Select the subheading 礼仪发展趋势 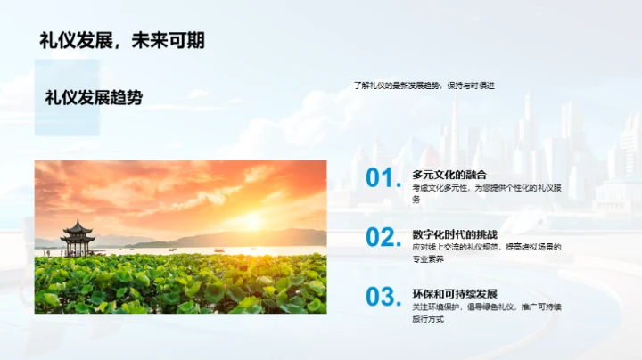pos(94,98)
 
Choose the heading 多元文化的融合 pos(449,176)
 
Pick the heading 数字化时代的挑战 pos(455,233)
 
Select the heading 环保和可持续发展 pos(455,294)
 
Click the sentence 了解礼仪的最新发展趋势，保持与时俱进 pos(424,86)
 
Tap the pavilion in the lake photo pos(78,236)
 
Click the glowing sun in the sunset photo pos(251,220)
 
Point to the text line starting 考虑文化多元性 pos(486,188)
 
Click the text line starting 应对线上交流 pos(486,247)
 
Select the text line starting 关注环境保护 pos(486,307)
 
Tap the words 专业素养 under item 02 pos(428,258)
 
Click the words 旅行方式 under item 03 pos(428,318)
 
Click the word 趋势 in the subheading pos(127,98)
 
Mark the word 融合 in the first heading pos(476,176)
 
